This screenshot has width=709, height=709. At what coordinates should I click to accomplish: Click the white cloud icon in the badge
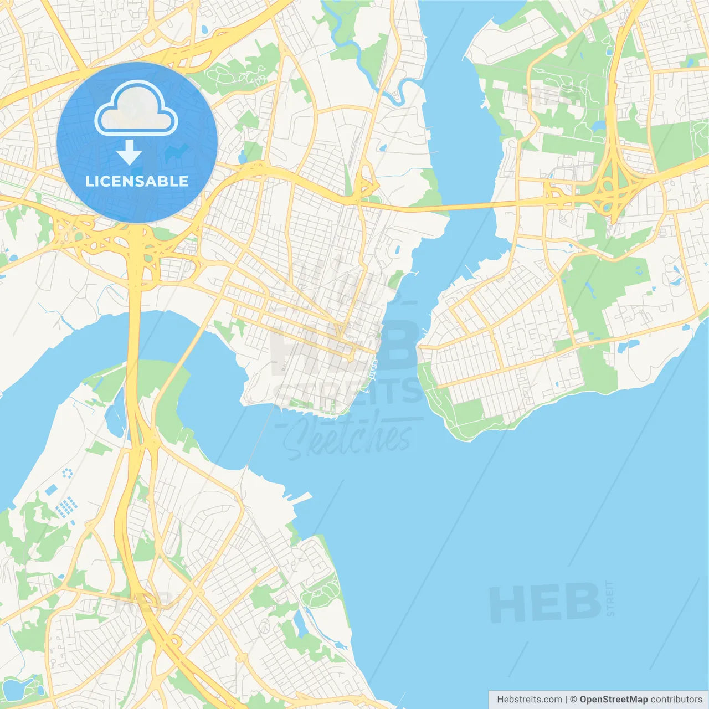pyautogui.click(x=136, y=109)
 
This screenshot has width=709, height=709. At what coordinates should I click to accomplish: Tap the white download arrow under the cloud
pyautogui.click(x=129, y=152)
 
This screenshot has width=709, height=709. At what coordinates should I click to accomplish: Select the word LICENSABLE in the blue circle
pyautogui.click(x=137, y=181)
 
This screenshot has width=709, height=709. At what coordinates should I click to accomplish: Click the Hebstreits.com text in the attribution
pyautogui.click(x=529, y=700)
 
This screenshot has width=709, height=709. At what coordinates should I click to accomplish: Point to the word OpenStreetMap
pyautogui.click(x=613, y=700)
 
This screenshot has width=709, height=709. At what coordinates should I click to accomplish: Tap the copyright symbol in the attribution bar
pyautogui.click(x=573, y=700)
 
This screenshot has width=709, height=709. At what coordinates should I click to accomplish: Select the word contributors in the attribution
pyautogui.click(x=676, y=700)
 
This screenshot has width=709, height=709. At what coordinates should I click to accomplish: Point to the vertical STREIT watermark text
pyautogui.click(x=610, y=598)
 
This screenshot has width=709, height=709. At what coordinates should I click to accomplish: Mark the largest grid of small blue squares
pyautogui.click(x=67, y=507)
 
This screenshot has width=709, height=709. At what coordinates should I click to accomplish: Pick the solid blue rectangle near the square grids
pyautogui.click(x=52, y=490)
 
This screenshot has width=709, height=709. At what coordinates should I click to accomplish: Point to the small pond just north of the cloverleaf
pyautogui.click(x=598, y=126)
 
